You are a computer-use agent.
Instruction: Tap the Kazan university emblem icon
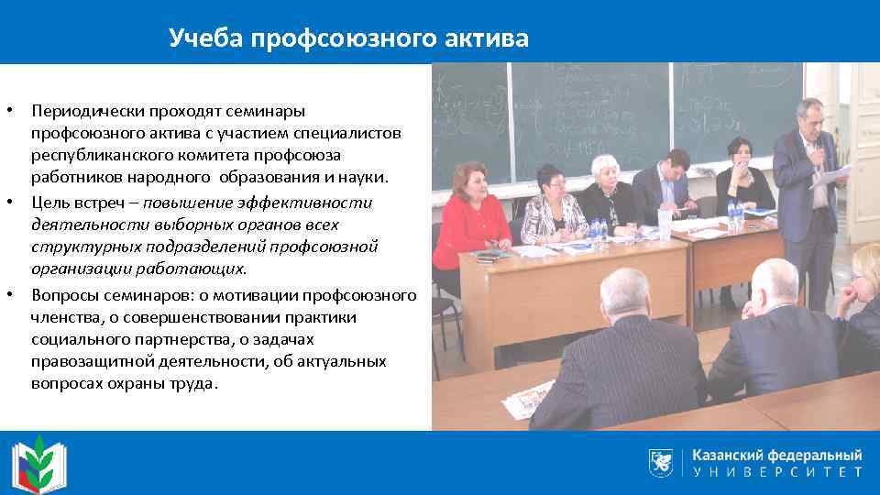[662, 462]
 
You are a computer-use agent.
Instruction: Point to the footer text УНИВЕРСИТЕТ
[777, 473]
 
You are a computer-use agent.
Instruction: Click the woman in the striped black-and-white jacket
[554, 205]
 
